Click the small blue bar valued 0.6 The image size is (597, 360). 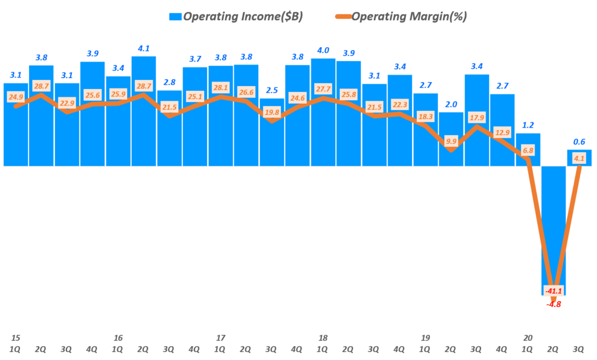point(579,158)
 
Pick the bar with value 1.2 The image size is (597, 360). point(528,150)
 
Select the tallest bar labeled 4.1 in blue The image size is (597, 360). point(143,111)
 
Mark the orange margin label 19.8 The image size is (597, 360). point(271,112)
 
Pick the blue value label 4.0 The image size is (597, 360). point(322,50)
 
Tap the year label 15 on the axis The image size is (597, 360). point(16,338)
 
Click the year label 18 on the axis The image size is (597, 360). point(323,338)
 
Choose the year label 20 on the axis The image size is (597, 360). point(528,338)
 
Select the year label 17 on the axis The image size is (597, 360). point(220,338)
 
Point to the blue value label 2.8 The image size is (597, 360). point(169,82)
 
